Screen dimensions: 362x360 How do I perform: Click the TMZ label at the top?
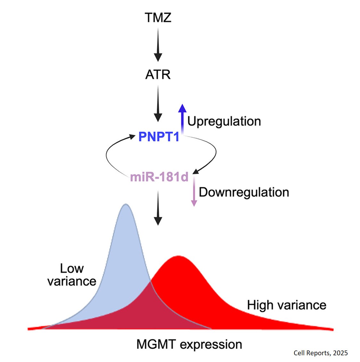point(158,18)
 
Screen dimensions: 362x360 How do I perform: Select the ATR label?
point(158,75)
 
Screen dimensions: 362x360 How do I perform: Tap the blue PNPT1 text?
point(159,137)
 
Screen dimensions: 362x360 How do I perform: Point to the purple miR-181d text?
point(159,177)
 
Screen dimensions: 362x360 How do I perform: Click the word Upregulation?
point(224,121)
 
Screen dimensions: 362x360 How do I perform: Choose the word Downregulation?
point(244,192)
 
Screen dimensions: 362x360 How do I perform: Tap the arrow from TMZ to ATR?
point(158,44)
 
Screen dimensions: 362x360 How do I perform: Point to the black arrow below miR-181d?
point(158,208)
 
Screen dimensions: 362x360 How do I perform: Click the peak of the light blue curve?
point(126,205)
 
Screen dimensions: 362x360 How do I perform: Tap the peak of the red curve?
point(178,257)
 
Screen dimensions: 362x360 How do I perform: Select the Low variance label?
point(72,275)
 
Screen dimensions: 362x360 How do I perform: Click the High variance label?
point(286,305)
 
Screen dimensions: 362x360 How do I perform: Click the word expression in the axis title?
point(211,345)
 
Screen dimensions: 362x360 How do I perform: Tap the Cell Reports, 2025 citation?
point(320,353)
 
